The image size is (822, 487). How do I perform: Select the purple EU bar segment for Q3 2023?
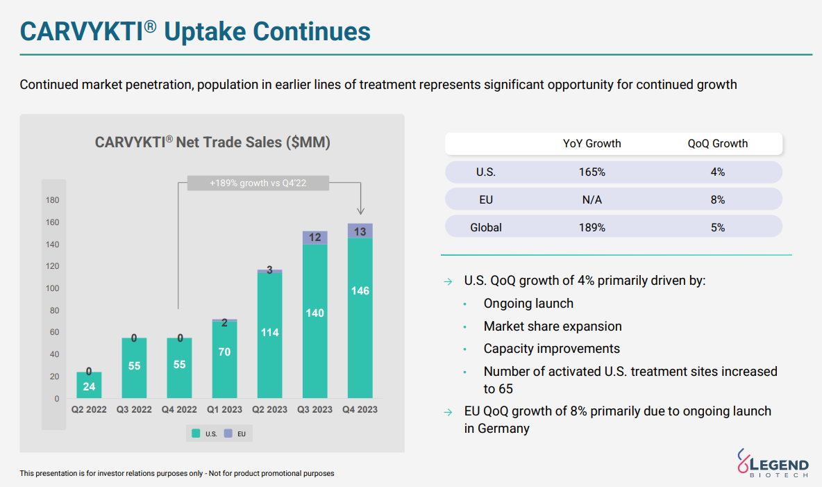(x=314, y=238)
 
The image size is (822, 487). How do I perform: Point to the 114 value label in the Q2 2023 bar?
(x=269, y=333)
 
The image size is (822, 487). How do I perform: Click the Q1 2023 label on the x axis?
(x=224, y=410)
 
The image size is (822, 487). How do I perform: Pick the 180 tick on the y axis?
(x=53, y=201)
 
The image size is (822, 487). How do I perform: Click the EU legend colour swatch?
(x=228, y=434)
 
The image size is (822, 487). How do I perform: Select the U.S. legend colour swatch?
(x=196, y=434)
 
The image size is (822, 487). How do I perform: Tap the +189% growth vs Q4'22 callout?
(x=258, y=183)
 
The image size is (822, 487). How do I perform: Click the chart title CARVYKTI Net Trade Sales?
(x=212, y=142)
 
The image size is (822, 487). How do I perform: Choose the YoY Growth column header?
(x=592, y=144)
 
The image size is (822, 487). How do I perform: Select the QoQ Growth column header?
(x=718, y=144)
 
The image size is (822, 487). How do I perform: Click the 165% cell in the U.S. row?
(x=592, y=172)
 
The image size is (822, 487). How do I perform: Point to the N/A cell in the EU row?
(x=592, y=199)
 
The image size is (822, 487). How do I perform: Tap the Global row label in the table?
(x=486, y=227)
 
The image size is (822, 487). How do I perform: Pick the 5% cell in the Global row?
(x=718, y=227)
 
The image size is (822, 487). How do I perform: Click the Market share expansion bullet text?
(x=553, y=327)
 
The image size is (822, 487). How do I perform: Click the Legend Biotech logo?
(x=772, y=463)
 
